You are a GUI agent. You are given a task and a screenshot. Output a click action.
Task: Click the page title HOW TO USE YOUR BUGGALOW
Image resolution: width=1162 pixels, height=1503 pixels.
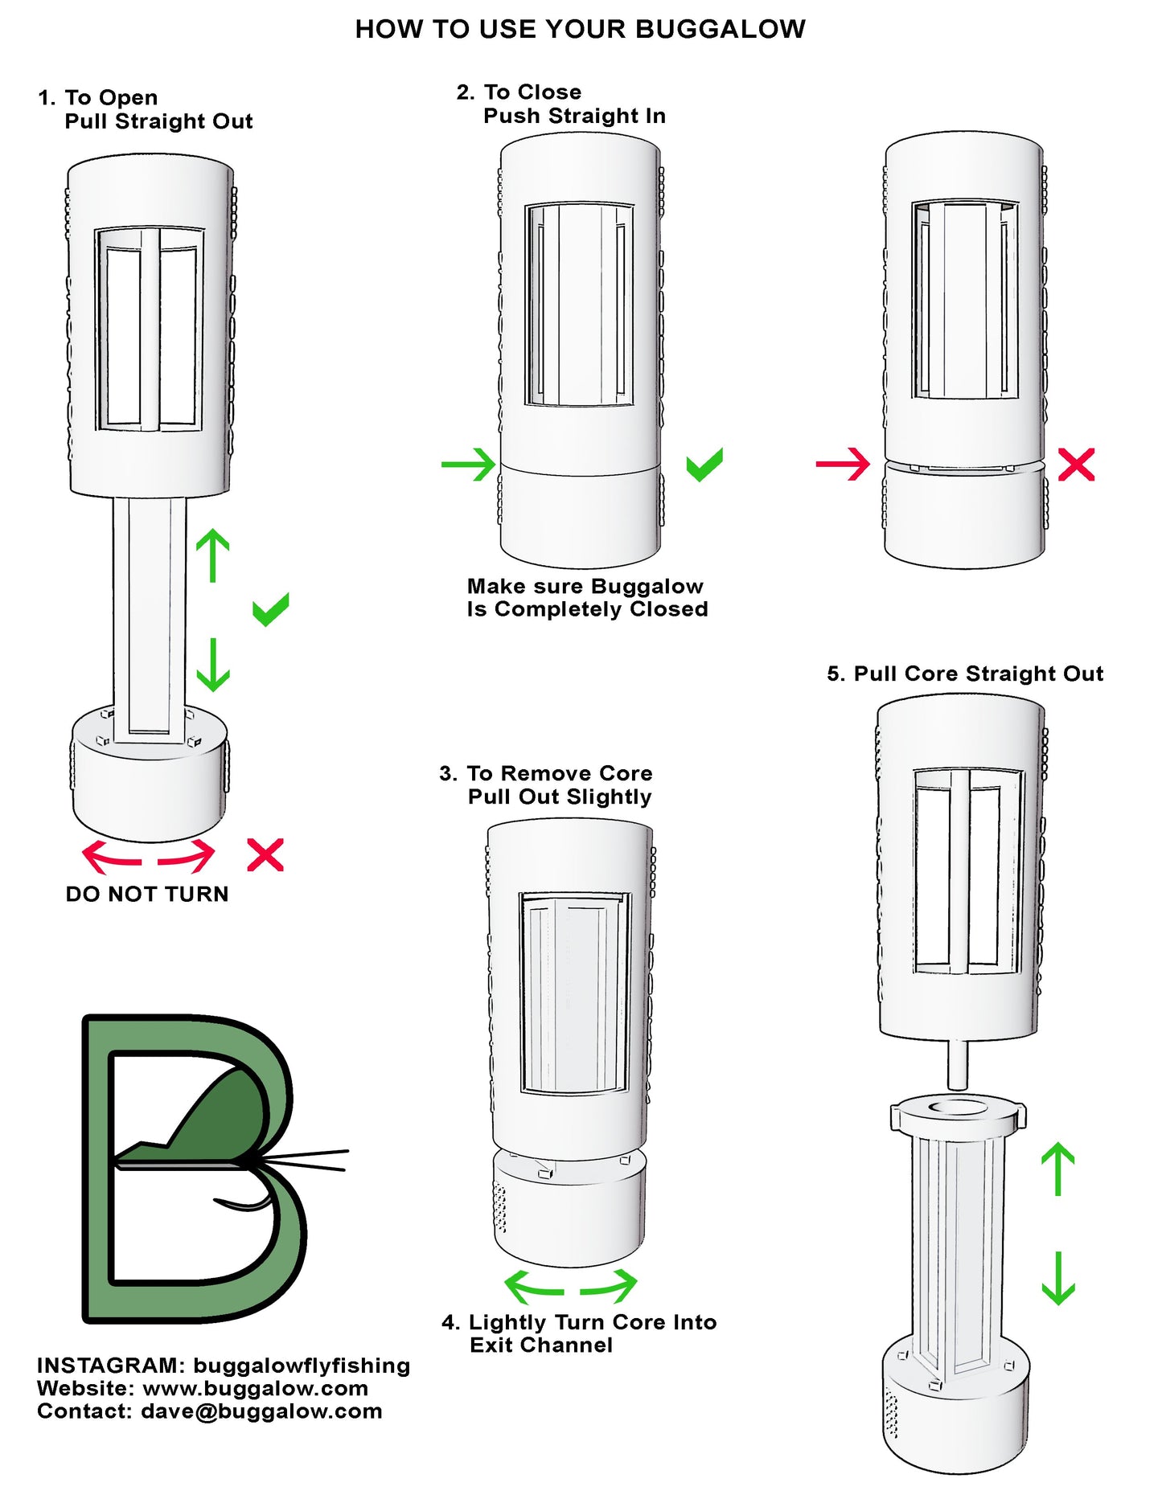point(580,30)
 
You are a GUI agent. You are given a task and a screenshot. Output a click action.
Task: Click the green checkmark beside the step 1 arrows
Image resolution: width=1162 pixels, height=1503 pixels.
point(270,610)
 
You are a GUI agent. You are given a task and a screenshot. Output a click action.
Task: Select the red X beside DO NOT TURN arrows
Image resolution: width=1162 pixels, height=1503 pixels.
point(265,855)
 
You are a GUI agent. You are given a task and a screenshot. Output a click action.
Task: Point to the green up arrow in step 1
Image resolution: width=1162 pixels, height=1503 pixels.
point(213,555)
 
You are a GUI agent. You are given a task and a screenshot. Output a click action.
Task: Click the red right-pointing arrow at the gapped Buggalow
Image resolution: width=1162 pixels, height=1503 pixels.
point(844,464)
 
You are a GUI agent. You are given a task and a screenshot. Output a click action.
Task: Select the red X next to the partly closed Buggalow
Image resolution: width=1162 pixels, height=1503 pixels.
point(1076,465)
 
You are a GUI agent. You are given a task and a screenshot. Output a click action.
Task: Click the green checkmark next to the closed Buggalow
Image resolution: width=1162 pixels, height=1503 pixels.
point(704,465)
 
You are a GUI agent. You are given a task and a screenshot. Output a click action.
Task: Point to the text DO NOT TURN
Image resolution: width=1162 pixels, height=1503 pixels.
point(147,894)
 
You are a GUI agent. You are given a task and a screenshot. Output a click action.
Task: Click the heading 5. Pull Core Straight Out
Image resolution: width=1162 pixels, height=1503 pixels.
point(965,674)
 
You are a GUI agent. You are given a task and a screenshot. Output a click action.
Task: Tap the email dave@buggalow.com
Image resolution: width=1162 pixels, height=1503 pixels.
point(261,1411)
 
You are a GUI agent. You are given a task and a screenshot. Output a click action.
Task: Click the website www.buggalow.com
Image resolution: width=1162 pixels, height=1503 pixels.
point(255,1388)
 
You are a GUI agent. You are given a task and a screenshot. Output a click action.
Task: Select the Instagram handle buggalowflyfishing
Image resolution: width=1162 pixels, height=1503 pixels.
point(302,1366)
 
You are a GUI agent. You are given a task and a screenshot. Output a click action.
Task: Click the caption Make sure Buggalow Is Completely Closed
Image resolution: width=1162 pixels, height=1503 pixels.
point(587,597)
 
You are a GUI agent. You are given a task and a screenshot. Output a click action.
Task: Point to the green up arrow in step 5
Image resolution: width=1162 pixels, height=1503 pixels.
point(1058,1169)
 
